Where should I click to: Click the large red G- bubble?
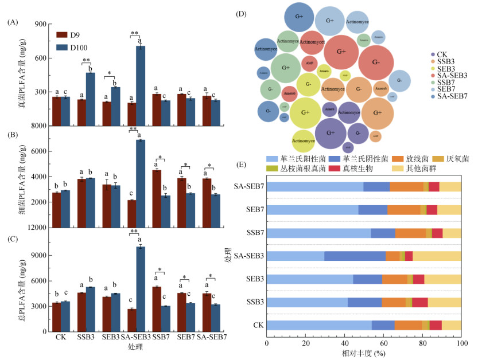tap(376, 62)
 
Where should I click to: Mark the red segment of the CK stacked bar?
tap(436, 325)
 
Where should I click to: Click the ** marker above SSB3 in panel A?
tap(86, 60)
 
